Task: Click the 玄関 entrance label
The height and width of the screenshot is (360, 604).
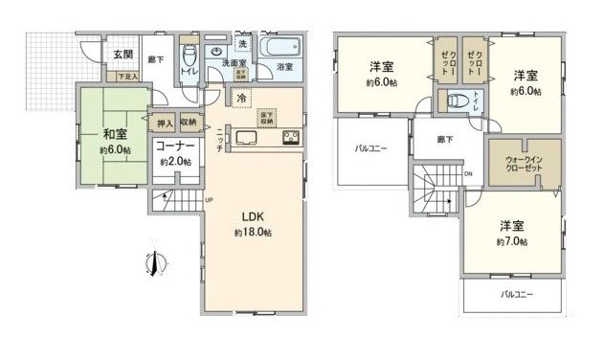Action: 123,55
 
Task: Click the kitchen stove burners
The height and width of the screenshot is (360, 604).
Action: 289,138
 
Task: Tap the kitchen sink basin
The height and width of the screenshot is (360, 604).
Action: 242,138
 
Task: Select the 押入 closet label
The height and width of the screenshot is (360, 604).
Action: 163,123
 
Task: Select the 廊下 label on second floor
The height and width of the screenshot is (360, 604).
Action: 445,140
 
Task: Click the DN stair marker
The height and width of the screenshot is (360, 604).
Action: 469,173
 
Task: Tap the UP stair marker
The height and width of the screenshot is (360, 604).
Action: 208,198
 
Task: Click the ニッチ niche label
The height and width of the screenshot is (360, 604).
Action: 220,140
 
